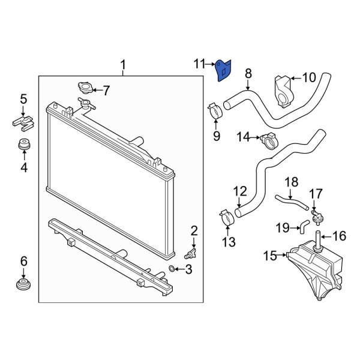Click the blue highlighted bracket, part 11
[224, 71]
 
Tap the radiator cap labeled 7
[85, 90]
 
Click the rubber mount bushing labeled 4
[24, 146]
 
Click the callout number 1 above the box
[123, 64]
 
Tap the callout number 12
[239, 192]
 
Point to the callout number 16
[339, 236]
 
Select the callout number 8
[248, 73]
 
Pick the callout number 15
[269, 256]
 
